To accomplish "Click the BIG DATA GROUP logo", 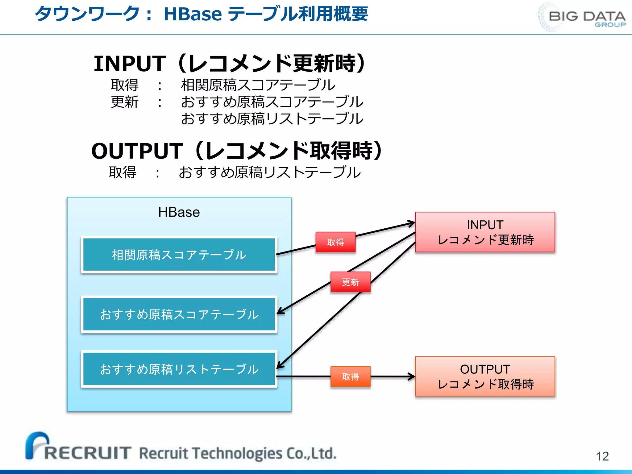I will point(583,17).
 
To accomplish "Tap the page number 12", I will point(602,456).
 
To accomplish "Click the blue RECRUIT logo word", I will point(87,453).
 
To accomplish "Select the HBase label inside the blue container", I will point(179,212).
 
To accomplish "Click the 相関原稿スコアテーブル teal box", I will point(179,255).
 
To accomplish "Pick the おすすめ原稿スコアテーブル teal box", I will point(179,314).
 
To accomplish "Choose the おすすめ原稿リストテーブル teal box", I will point(179,369).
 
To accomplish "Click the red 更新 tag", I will point(350,282).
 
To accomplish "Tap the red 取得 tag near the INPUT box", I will point(335,242).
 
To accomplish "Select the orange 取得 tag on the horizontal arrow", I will point(350,376).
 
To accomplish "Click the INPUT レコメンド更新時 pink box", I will point(485,232).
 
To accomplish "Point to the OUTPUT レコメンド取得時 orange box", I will point(485,376).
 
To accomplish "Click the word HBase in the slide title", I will point(193,14).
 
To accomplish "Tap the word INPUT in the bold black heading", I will point(130,64).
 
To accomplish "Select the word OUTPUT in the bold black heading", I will point(137,151).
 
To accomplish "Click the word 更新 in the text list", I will point(125,102).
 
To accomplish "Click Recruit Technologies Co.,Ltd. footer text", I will point(238,453).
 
